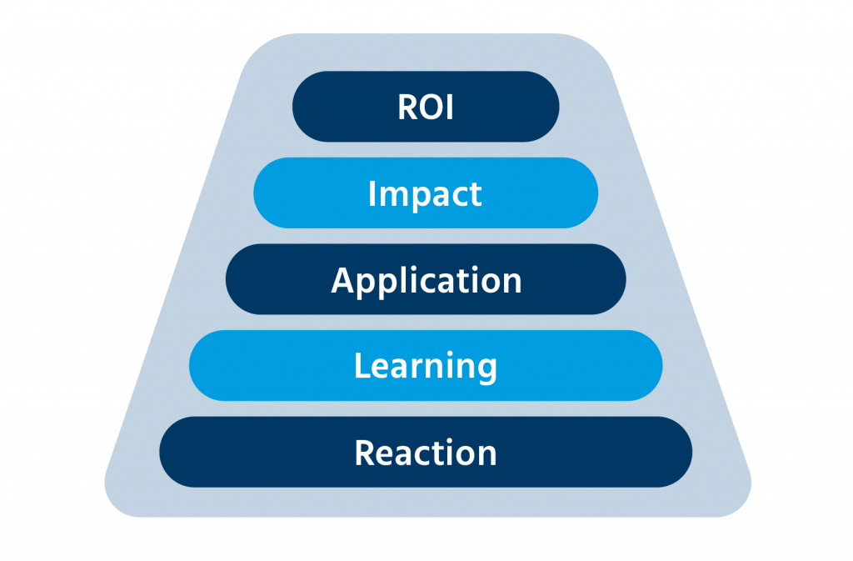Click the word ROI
426,107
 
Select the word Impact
425,193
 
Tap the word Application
426,280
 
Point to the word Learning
426,366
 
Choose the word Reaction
426,453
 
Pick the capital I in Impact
372,193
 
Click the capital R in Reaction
364,453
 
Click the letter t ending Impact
476,194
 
